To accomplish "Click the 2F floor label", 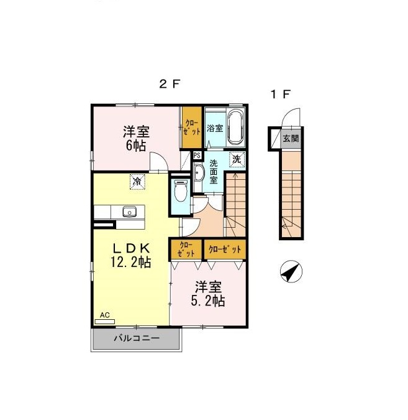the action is tap(170, 85).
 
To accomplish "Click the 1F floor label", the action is tap(281, 95).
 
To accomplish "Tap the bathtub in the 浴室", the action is tap(235, 128).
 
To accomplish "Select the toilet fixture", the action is tap(181, 190).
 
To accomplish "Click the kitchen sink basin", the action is tap(130, 212).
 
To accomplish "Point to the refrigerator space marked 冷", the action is tap(137, 182).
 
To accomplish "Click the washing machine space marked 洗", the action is tap(237, 159).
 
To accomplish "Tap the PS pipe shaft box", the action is tap(197, 156).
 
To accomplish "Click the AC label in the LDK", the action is tap(105, 315).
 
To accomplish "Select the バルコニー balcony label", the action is tap(137, 338).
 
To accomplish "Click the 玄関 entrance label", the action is tap(291, 139).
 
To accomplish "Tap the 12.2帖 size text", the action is tap(131, 262).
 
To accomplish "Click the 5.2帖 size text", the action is tap(208, 301).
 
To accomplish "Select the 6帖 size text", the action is tap(136, 146).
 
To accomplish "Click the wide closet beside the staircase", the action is tap(225, 250).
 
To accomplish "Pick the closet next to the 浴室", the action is tap(192, 127).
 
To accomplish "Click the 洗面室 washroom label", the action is tap(214, 172).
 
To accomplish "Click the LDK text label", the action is tap(131, 248).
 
